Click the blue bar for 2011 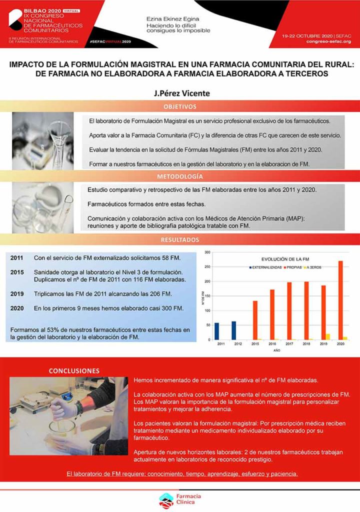point(216,331)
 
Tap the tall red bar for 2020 point(340,300)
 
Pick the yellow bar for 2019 point(328,336)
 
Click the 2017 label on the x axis point(289,344)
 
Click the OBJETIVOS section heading point(179,106)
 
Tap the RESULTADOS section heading point(179,240)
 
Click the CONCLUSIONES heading point(73,370)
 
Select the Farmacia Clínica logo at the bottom point(179,498)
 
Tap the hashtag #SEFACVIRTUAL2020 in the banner point(109,42)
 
